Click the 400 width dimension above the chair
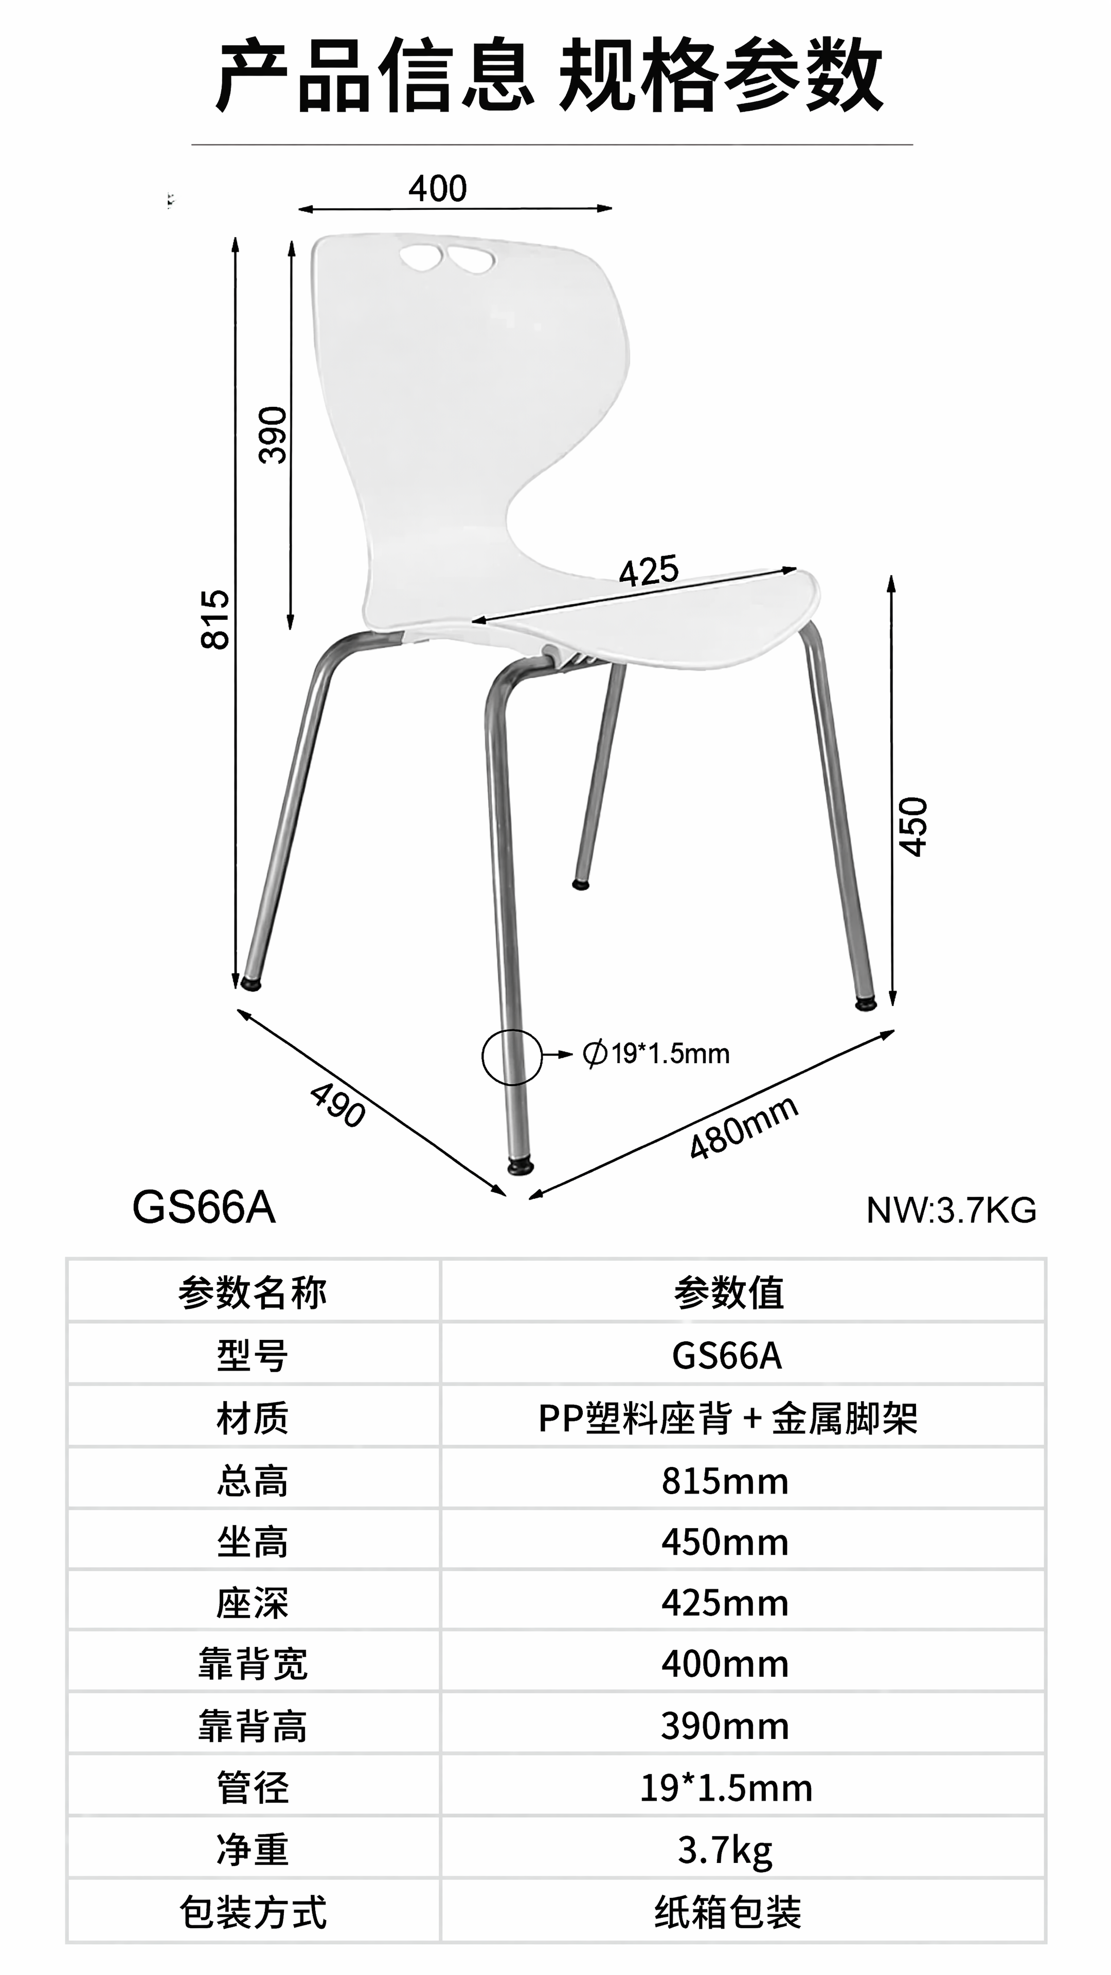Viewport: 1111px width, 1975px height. click(x=437, y=189)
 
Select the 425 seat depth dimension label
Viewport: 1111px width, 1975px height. click(x=649, y=571)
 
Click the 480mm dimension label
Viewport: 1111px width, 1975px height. click(x=744, y=1128)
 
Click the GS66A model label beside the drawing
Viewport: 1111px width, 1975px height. click(x=204, y=1208)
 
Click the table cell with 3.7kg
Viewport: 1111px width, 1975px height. click(x=725, y=1850)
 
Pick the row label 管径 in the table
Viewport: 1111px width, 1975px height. click(x=253, y=1788)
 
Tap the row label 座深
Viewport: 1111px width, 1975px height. click(x=253, y=1603)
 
